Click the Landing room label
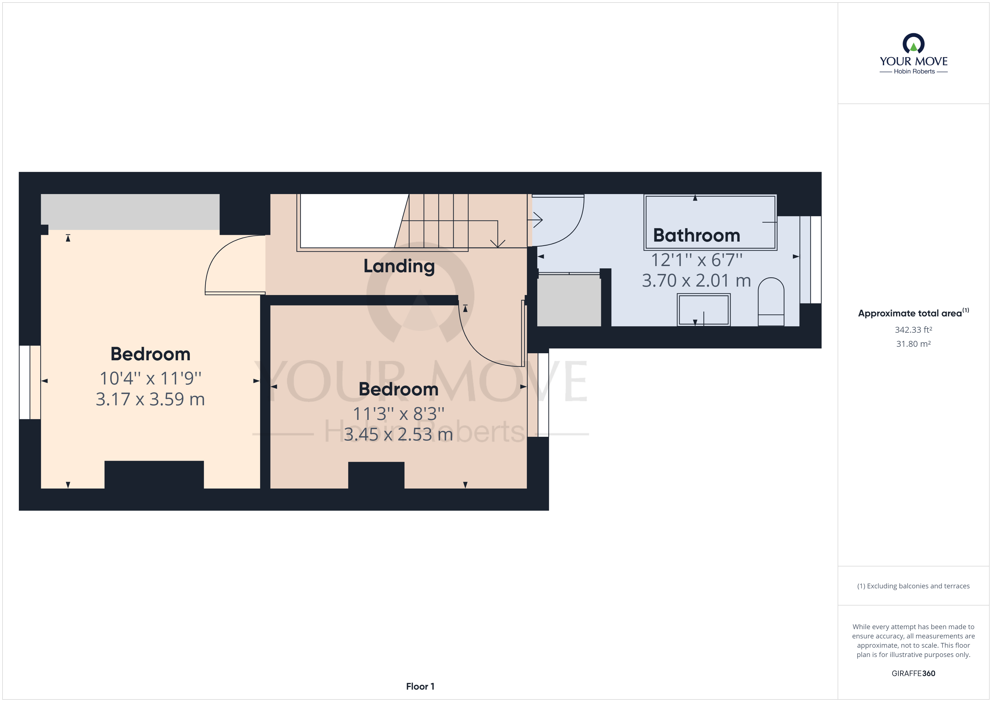(x=399, y=266)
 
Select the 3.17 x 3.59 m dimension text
(x=150, y=399)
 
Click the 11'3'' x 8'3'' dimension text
(x=398, y=414)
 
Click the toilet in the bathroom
(x=771, y=301)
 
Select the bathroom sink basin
(x=704, y=309)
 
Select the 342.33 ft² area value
(x=913, y=330)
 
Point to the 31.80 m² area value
(x=913, y=344)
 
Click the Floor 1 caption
(x=420, y=687)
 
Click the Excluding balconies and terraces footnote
(x=913, y=586)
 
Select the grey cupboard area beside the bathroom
(x=569, y=300)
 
